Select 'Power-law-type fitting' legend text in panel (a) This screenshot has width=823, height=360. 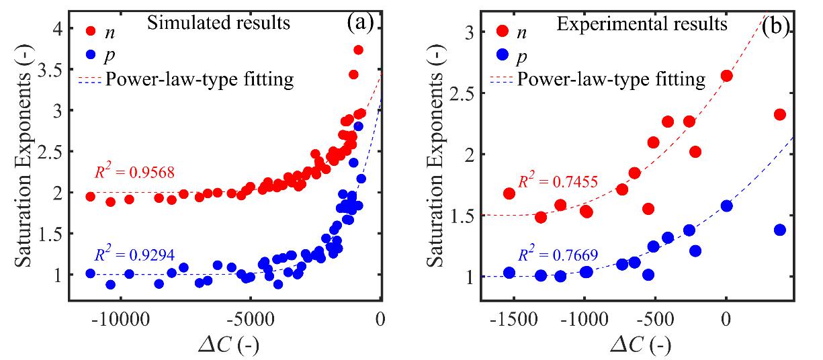click(x=200, y=80)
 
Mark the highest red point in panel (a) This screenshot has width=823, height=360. click(x=358, y=50)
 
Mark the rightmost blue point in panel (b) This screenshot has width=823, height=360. click(x=779, y=230)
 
